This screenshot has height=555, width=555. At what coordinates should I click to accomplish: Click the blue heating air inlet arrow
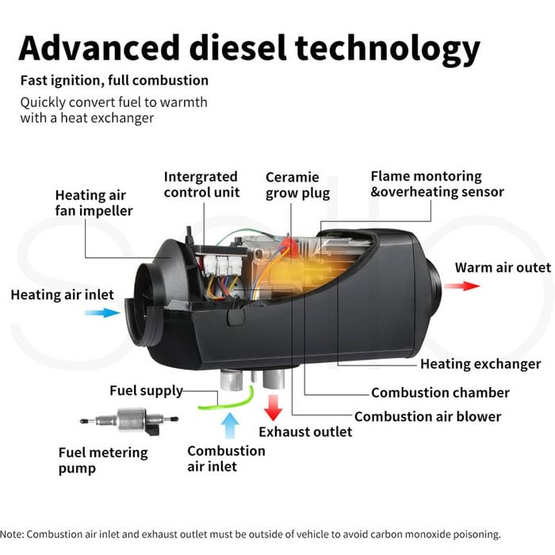(x=102, y=312)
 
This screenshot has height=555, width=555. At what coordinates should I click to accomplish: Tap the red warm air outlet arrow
(x=462, y=285)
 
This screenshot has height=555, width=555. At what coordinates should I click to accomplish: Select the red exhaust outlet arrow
(x=273, y=408)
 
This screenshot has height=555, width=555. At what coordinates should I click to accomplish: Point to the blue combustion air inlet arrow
(x=230, y=426)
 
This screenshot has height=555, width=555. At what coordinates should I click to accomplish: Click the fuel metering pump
(x=129, y=420)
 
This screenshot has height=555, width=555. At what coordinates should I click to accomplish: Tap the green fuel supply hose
(x=227, y=402)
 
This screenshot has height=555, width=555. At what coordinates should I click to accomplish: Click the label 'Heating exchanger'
(x=480, y=364)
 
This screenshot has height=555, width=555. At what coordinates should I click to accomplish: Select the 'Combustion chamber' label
(x=440, y=392)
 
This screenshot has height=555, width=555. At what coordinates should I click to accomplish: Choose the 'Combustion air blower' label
(x=427, y=416)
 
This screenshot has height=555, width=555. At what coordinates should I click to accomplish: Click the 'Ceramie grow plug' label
(x=297, y=185)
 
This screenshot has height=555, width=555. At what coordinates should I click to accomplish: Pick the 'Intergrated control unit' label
(x=201, y=185)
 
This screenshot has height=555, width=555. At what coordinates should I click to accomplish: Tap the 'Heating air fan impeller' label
(x=94, y=203)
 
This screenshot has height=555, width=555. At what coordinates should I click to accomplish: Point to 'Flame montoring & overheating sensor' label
(x=437, y=184)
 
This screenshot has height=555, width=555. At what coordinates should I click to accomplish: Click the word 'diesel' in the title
(x=238, y=48)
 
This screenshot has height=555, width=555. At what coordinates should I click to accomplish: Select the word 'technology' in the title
(x=388, y=49)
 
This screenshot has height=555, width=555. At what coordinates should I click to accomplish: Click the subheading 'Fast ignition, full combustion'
(x=114, y=80)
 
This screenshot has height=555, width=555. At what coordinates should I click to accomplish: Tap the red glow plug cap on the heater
(x=289, y=244)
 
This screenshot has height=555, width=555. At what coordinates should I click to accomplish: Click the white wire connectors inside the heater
(x=223, y=265)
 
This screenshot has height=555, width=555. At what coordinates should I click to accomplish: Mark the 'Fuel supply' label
(x=146, y=391)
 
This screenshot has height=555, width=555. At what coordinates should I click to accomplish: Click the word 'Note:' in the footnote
(x=12, y=534)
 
